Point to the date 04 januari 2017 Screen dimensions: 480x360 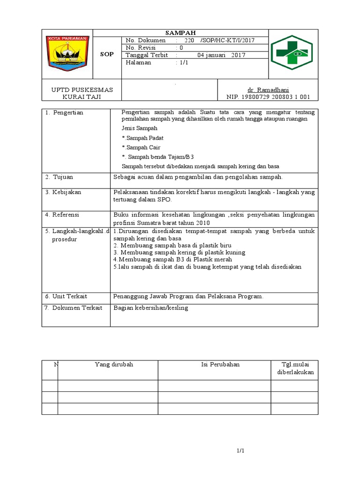click(218, 55)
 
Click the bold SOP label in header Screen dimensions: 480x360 click(107, 54)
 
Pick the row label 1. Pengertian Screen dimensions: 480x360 click(64, 113)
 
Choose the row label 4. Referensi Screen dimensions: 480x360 click(62, 215)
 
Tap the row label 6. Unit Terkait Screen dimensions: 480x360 click(66, 297)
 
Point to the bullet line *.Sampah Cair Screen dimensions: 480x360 click(141, 147)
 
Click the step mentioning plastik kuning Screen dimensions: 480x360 click(180, 252)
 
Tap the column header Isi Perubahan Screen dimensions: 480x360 click(214, 365)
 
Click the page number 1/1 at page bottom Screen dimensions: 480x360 click(240, 451)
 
